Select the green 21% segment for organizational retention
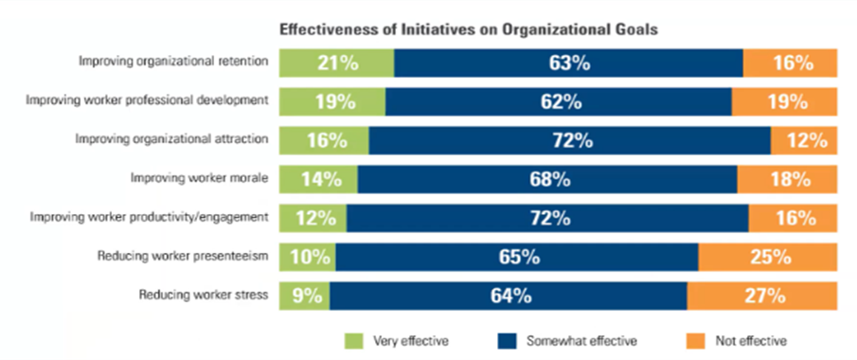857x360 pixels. [337, 63]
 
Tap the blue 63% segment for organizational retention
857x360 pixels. [568, 63]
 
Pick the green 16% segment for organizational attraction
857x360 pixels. [325, 140]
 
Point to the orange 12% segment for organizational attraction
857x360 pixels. [804, 140]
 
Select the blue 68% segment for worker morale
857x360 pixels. [547, 179]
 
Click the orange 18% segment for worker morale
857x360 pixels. [788, 179]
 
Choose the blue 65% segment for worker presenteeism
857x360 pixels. [517, 257]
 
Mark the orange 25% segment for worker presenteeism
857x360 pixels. [768, 257]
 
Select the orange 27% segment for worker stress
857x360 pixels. [762, 296]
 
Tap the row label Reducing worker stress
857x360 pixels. [205, 295]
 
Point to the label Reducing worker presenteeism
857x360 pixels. [185, 256]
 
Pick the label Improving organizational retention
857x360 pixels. [175, 62]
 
